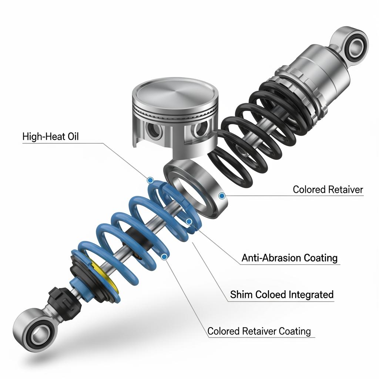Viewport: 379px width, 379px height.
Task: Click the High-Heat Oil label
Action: point(50,137)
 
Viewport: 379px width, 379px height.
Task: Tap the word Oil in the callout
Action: point(73,137)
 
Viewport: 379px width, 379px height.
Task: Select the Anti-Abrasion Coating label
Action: point(289,258)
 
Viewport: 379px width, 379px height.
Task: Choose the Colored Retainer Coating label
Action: point(259,331)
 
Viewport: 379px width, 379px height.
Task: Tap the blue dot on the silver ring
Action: point(222,196)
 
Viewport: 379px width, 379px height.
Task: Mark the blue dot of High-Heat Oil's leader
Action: point(150,180)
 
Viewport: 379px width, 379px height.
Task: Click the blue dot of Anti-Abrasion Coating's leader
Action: point(189,221)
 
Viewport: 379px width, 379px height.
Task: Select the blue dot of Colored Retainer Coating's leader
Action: point(164,257)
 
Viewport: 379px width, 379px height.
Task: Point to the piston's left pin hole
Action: point(153,131)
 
